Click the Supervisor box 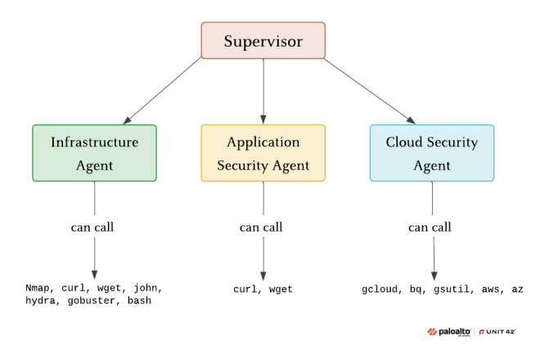point(263,41)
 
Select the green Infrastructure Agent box point(94,153)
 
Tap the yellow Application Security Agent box point(263,153)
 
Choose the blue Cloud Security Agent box point(431,153)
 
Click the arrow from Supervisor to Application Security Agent point(263,90)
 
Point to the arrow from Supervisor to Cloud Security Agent point(368,90)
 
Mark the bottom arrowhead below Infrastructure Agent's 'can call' point(94,276)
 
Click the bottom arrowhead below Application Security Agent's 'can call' point(263,276)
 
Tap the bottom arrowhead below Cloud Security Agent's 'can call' point(434,276)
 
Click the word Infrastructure point(94,142)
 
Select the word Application point(263,142)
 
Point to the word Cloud point(404,142)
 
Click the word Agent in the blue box point(431,165)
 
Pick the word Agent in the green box point(94,165)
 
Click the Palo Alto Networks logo point(448,331)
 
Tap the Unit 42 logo point(497,331)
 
